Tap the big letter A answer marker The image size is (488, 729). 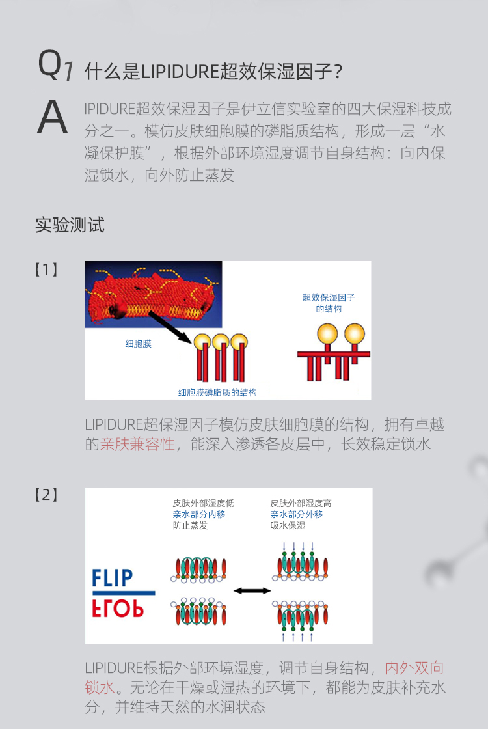click(53, 117)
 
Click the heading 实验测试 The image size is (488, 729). click(70, 225)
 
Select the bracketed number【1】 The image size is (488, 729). click(46, 269)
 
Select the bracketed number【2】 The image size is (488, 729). click(46, 495)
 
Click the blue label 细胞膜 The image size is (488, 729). click(139, 344)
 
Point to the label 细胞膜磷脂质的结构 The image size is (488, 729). click(217, 392)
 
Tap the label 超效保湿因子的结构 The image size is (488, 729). click(329, 303)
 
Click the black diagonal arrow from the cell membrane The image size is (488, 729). click(171, 327)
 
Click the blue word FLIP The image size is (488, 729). click(113, 578)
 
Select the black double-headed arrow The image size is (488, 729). click(252, 591)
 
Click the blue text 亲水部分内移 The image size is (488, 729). click(199, 514)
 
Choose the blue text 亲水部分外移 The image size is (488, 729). click(297, 514)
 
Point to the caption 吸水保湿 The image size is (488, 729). click(288, 525)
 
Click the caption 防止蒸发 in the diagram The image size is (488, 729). click(191, 525)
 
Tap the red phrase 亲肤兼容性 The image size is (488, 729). click(137, 444)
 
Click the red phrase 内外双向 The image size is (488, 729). click(414, 668)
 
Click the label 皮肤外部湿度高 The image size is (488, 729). click(301, 503)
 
